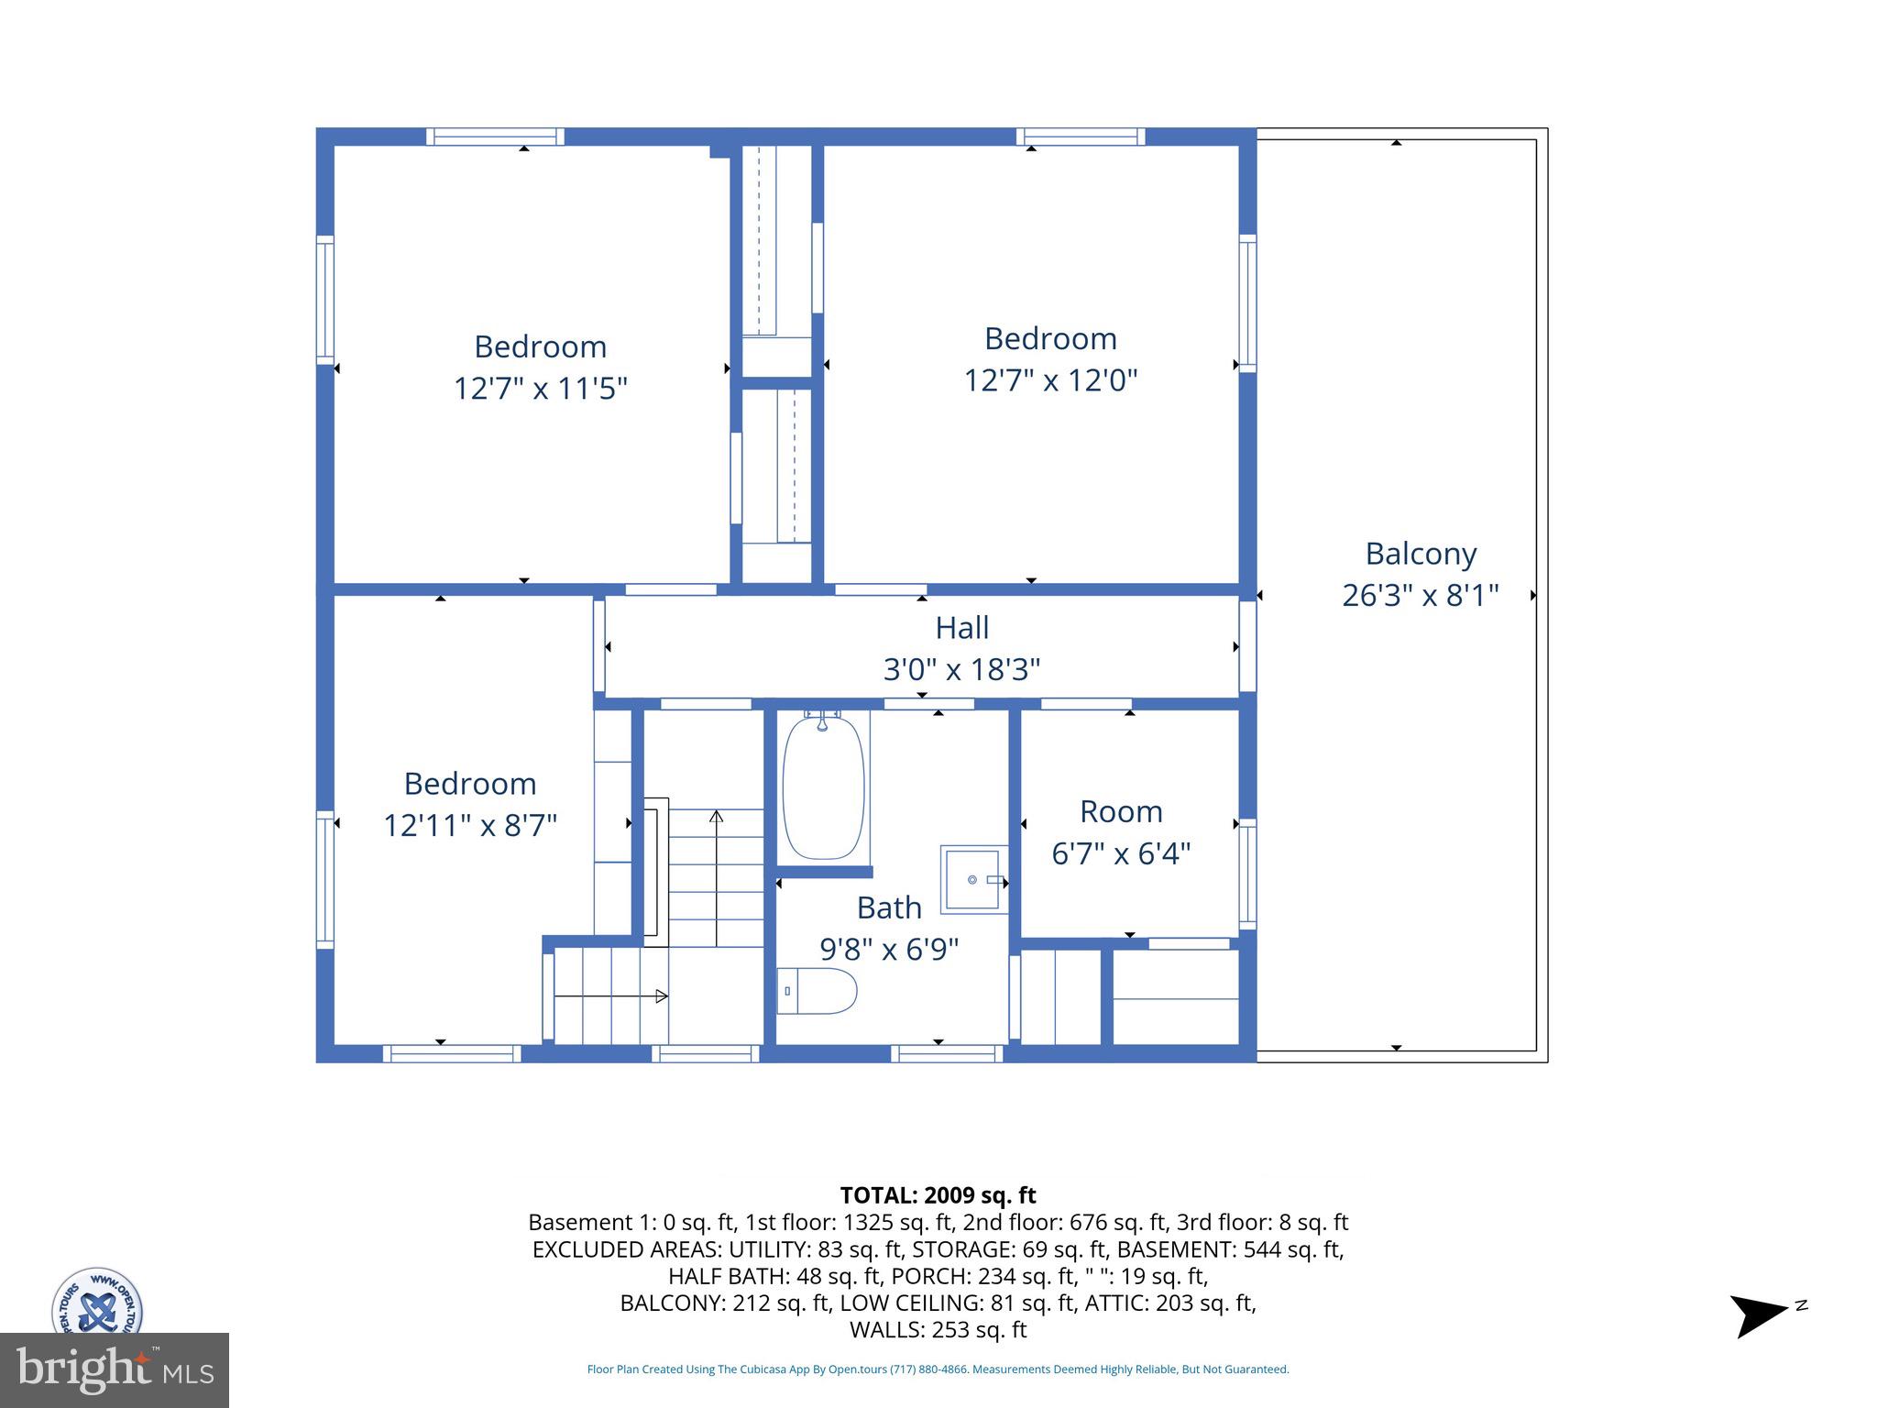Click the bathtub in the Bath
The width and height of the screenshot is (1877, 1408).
point(823,787)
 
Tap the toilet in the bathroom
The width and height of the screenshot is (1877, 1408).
point(817,991)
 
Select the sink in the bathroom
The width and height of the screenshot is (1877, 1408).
point(972,879)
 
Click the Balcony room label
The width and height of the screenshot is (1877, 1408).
point(1421,554)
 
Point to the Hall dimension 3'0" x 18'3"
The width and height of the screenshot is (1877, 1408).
point(961,670)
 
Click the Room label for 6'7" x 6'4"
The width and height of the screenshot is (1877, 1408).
point(1120,811)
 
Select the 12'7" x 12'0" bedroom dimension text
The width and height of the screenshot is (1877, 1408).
point(1050,379)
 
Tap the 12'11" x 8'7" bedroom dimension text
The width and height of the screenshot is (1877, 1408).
point(469,826)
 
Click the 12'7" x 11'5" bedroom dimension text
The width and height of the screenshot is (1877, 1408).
point(540,389)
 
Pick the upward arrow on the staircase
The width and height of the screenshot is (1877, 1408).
point(716,816)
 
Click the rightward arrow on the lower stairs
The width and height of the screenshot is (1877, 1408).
point(660,995)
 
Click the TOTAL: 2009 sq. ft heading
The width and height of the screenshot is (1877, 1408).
point(938,1195)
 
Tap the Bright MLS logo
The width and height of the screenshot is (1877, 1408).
point(115,1369)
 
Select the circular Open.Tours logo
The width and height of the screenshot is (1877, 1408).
point(97,1302)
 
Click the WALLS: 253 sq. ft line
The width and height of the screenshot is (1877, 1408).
point(938,1329)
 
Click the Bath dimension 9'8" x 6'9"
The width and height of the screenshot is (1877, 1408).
point(888,949)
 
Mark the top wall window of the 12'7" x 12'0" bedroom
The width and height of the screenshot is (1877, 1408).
point(1081,137)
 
